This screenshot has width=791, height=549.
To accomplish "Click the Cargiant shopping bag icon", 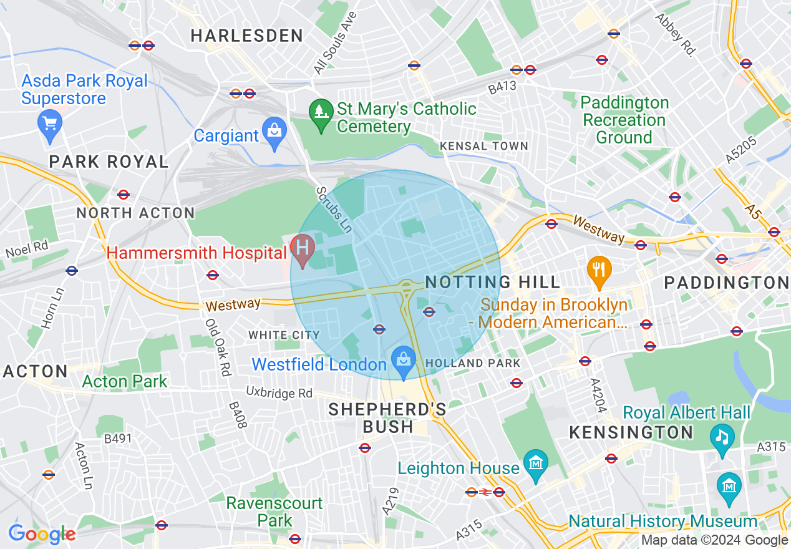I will click(x=274, y=132).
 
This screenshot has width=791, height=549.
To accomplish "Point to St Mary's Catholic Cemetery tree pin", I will click(x=321, y=114).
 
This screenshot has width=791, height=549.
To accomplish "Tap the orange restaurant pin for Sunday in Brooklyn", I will click(x=599, y=271).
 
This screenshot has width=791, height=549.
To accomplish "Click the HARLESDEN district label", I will click(x=247, y=36).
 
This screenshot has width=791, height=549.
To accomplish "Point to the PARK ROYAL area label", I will click(x=109, y=162).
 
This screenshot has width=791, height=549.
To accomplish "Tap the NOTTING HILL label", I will click(x=493, y=283).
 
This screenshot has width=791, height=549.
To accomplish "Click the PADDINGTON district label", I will click(x=727, y=283).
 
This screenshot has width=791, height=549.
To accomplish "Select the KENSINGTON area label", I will click(x=631, y=432).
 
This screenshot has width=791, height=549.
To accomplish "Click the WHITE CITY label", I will click(x=284, y=336).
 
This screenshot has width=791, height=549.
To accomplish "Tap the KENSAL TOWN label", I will click(x=484, y=146).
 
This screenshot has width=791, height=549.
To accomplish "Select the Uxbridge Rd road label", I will click(x=279, y=393).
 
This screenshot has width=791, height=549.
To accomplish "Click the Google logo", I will click(x=42, y=534).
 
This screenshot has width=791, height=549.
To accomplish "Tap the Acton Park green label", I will click(x=125, y=381).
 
